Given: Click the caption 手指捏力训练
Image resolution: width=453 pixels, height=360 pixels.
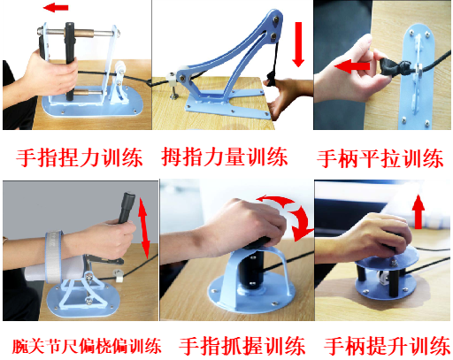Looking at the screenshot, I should click(x=78, y=159).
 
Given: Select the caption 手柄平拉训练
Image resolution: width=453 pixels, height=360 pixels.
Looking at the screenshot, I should click(x=380, y=159).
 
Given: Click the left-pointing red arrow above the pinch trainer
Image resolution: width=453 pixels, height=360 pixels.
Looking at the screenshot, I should click(x=58, y=8).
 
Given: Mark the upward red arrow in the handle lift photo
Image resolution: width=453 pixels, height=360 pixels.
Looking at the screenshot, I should click(x=417, y=211).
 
